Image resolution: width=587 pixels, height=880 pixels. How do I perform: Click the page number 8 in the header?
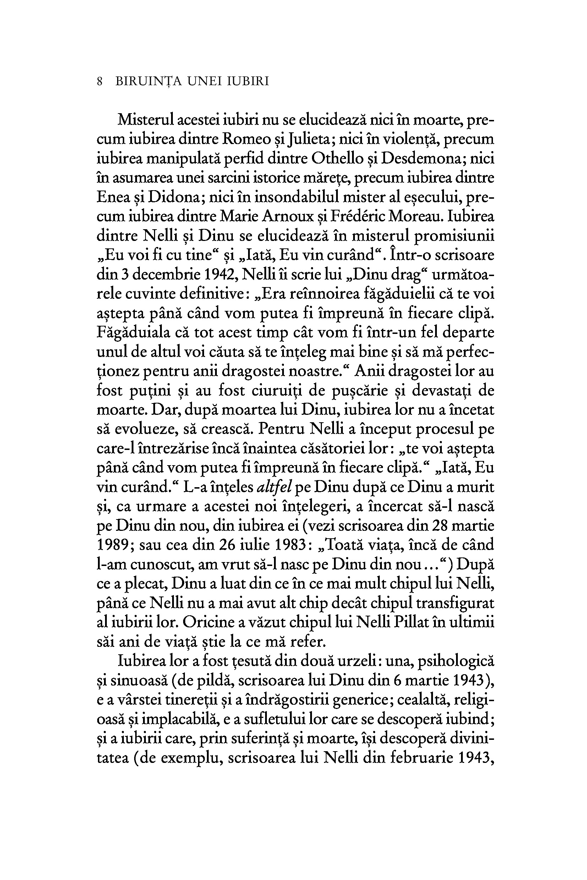(100, 82)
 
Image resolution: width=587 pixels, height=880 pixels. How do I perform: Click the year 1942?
(219, 275)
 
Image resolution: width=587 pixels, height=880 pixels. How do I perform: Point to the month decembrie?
(166, 275)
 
